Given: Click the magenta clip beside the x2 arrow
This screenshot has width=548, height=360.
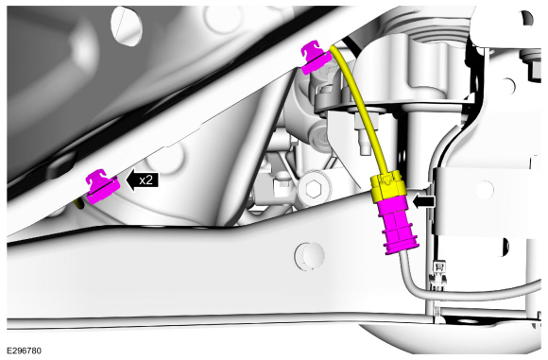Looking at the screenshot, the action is click(x=103, y=186).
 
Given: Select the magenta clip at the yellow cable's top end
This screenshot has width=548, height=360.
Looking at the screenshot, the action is click(x=316, y=57).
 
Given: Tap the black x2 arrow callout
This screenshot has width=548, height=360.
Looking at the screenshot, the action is click(x=142, y=180).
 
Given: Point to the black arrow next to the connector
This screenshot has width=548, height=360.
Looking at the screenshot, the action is click(x=424, y=201).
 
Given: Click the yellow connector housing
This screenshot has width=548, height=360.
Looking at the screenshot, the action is click(x=388, y=186).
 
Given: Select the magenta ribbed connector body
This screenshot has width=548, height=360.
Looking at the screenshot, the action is click(x=398, y=224).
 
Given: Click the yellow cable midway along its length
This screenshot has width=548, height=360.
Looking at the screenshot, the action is click(x=363, y=109).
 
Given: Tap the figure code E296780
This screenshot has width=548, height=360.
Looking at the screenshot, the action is click(x=24, y=351).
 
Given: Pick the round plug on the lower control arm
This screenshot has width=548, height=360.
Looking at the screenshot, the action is click(x=309, y=256).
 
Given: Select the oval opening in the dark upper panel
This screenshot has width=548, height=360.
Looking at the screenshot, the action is click(x=127, y=26).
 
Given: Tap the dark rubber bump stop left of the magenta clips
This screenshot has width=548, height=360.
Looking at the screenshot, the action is click(x=61, y=167).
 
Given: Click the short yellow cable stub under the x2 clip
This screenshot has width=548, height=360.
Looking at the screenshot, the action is click(x=80, y=203).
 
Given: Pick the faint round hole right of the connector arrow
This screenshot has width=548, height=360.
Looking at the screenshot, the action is click(x=484, y=189).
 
